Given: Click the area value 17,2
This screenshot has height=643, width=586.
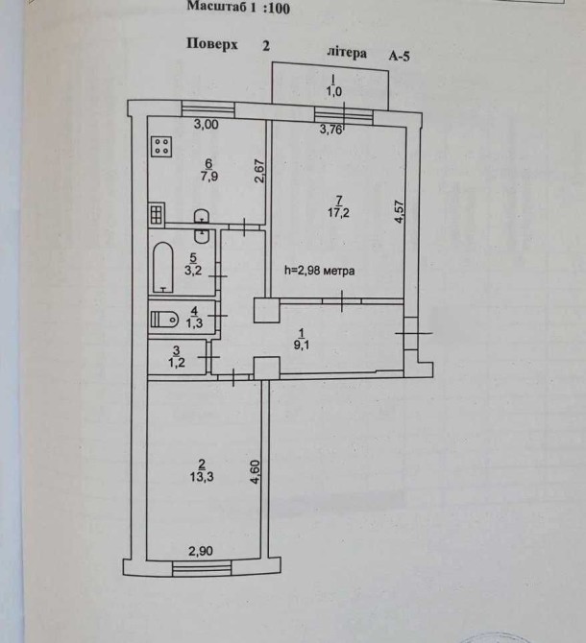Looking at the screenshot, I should (x=310, y=212).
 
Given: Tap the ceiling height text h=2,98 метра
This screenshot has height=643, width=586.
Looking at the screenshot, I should (x=320, y=272).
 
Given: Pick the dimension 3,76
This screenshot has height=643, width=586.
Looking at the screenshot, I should (x=330, y=128).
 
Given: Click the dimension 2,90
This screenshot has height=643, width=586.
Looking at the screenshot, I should (x=200, y=551).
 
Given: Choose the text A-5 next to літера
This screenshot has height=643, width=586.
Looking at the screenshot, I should (x=400, y=57).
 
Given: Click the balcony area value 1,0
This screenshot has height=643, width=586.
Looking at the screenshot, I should (x=332, y=92).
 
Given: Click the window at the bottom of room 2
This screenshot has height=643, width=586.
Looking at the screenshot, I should (x=202, y=569).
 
